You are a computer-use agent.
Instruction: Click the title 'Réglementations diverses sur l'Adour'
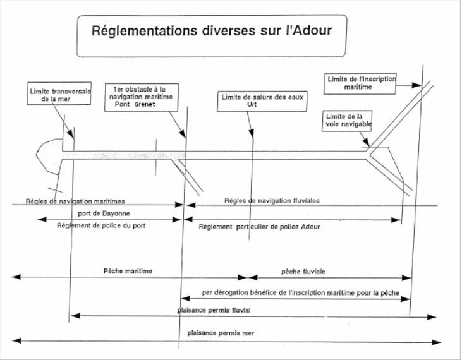(212, 31)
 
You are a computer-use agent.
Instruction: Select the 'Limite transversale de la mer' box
(59, 93)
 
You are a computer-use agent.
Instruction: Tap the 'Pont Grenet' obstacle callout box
(142, 97)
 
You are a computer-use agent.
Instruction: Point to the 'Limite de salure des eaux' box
(262, 101)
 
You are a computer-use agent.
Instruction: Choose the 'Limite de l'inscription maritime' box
(360, 84)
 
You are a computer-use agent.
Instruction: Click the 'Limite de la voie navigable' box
(347, 121)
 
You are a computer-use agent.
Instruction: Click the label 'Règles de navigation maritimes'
(75, 201)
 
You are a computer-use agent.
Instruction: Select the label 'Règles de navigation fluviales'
(272, 201)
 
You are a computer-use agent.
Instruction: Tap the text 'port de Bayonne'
(104, 213)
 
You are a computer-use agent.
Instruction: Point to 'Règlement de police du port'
(101, 225)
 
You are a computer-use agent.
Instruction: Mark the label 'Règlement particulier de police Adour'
(259, 227)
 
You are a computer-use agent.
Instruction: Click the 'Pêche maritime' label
(128, 271)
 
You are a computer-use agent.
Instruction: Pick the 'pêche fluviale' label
(303, 272)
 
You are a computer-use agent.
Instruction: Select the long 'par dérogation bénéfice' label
(301, 293)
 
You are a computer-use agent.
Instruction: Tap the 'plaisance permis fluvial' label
(214, 310)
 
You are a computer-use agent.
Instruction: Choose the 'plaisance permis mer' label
(221, 333)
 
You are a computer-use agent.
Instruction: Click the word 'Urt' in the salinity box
(252, 104)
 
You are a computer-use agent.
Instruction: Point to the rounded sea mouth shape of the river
(49, 155)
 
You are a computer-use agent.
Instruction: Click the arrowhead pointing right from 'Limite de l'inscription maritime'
(416, 85)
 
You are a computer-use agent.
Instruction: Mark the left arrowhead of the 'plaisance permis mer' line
(16, 340)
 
